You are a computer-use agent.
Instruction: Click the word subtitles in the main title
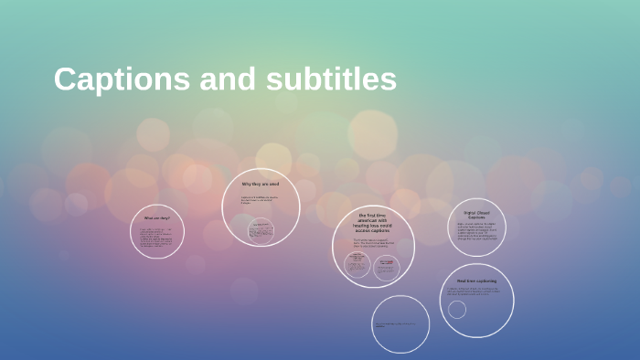pyautogui.click(x=333, y=79)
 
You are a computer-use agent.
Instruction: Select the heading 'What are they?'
pyautogui.click(x=156, y=218)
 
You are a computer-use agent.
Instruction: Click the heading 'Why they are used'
pyautogui.click(x=261, y=184)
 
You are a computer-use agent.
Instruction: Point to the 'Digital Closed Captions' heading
pyautogui.click(x=476, y=215)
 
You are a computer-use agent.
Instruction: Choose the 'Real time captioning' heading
pyautogui.click(x=476, y=281)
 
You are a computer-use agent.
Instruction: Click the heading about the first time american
pyautogui.click(x=373, y=224)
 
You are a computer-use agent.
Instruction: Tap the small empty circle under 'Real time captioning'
pyautogui.click(x=457, y=309)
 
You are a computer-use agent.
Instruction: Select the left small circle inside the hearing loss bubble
pyautogui.click(x=357, y=265)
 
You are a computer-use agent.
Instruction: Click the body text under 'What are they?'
pyautogui.click(x=155, y=237)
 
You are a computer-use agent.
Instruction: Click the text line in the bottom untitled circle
pyautogui.click(x=400, y=324)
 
